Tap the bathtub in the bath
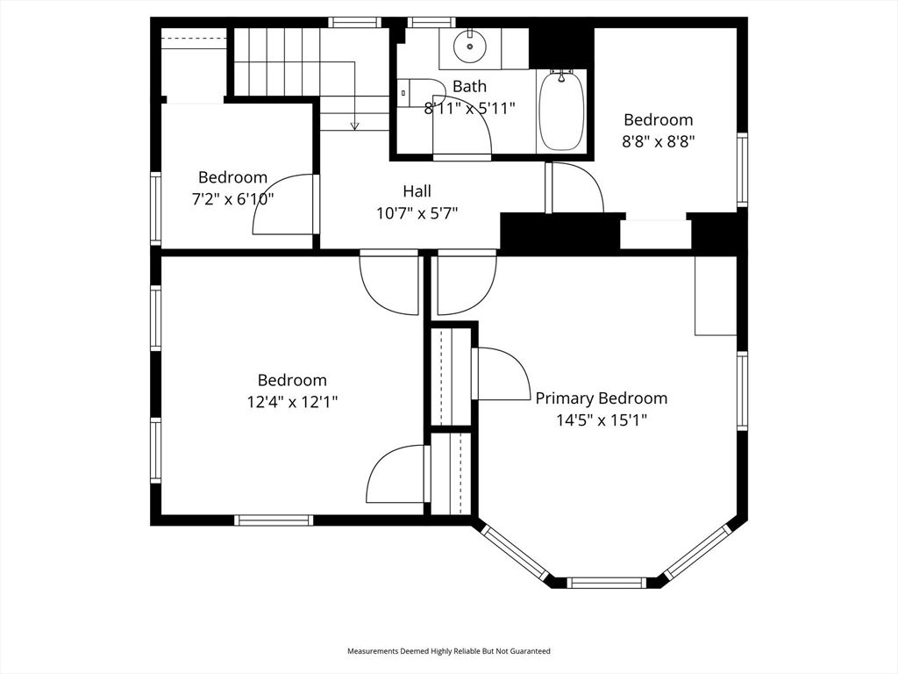tap(560, 112)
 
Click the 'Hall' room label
tap(417, 190)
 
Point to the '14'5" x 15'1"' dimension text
tap(602, 420)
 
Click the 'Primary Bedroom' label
tap(602, 398)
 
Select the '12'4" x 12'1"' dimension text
tap(292, 402)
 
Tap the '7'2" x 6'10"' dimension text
tap(232, 199)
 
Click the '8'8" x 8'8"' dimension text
tap(658, 141)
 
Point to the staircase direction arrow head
tap(354, 126)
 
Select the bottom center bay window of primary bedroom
tap(607, 582)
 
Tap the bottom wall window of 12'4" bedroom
tap(274, 520)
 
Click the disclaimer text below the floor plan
tap(449, 651)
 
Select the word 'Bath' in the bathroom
tap(469, 86)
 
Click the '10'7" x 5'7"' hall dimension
tap(417, 212)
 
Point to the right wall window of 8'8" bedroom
tap(742, 169)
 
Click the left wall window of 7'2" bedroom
tap(156, 208)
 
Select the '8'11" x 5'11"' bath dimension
tap(469, 108)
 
